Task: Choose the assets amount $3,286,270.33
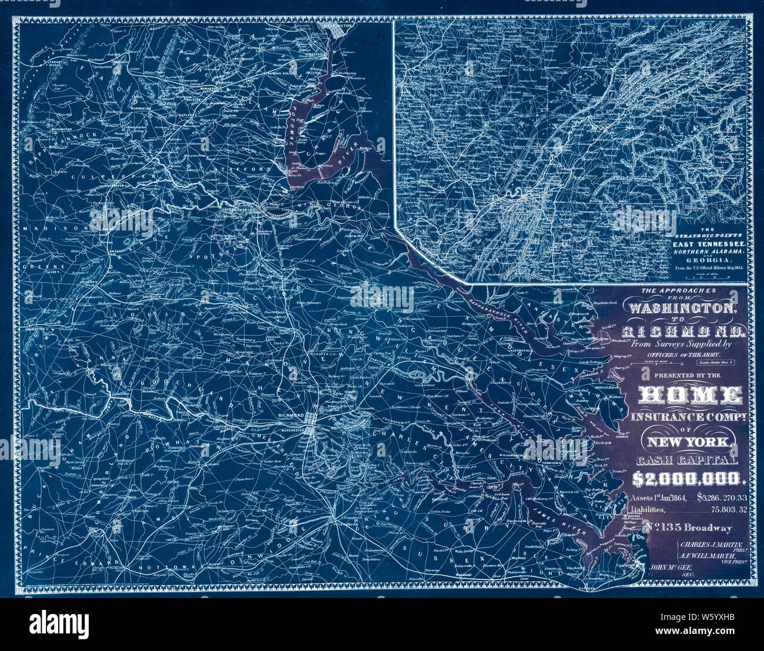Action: pos(722,498)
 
